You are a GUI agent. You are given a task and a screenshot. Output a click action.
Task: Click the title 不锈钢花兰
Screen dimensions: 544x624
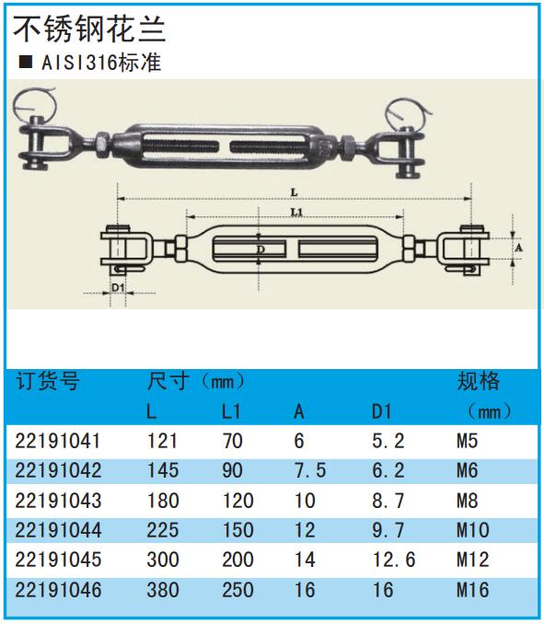click(x=89, y=29)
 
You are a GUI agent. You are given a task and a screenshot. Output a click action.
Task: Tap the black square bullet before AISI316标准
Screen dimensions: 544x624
click(x=26, y=62)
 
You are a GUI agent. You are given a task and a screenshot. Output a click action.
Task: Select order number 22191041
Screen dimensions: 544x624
click(x=57, y=441)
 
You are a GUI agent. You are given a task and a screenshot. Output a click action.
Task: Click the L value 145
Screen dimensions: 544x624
click(x=163, y=470)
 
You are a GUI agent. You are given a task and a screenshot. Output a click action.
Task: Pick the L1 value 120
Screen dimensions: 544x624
click(x=237, y=501)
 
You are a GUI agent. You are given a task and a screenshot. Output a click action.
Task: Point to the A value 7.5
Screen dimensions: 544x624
click(x=310, y=470)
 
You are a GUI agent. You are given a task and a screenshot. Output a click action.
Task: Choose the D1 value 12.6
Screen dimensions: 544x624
click(x=394, y=560)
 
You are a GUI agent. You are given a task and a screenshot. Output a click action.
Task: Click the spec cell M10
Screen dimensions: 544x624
click(x=473, y=530)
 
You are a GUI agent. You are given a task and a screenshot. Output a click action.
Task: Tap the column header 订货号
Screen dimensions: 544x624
click(x=48, y=381)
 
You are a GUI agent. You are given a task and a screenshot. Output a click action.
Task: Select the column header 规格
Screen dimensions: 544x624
click(x=478, y=381)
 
